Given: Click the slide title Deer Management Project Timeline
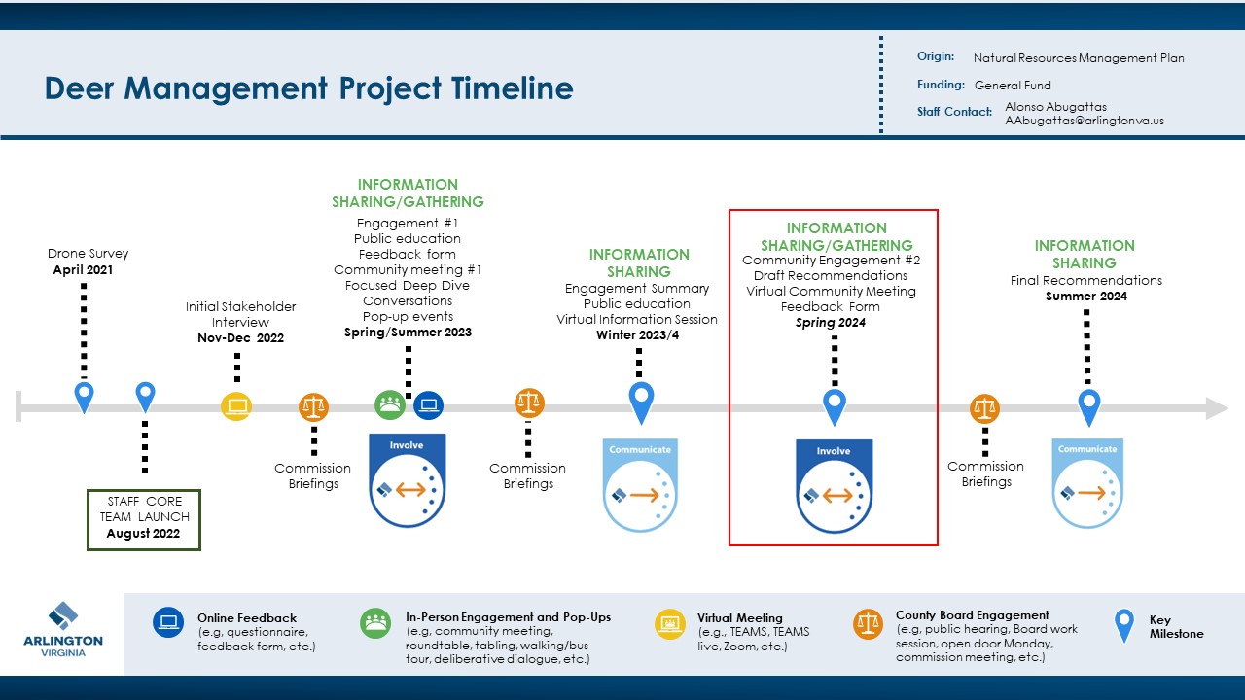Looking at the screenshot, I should [x=308, y=88].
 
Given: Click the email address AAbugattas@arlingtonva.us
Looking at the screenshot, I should [x=1085, y=121].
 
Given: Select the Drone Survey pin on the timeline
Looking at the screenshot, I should [x=85, y=396].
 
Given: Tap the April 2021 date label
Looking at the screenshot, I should [x=83, y=270].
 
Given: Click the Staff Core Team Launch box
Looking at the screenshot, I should [x=144, y=518].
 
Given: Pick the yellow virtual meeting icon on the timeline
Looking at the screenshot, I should [x=236, y=405].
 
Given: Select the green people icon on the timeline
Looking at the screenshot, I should [x=390, y=403].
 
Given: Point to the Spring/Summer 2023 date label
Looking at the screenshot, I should [x=408, y=332].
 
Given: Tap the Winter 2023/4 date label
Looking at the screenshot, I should [x=637, y=335].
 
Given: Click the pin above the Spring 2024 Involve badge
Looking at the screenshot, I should [x=834, y=405].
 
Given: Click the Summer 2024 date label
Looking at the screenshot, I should [x=1085, y=297].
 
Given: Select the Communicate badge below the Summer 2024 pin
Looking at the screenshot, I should [x=1087, y=484].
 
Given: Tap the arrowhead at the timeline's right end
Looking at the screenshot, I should [x=1217, y=408].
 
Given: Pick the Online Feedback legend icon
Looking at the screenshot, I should [x=168, y=622].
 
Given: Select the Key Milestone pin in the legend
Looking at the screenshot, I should [x=1124, y=624].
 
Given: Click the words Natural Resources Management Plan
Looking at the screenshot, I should [x=1079, y=58].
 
